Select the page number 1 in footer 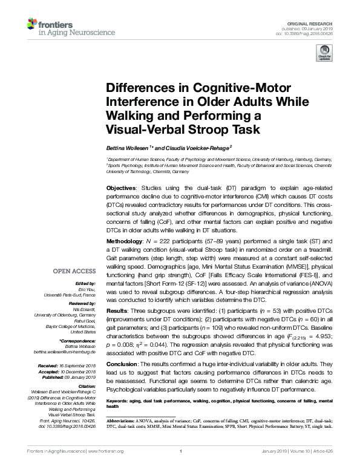coord(181,451)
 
